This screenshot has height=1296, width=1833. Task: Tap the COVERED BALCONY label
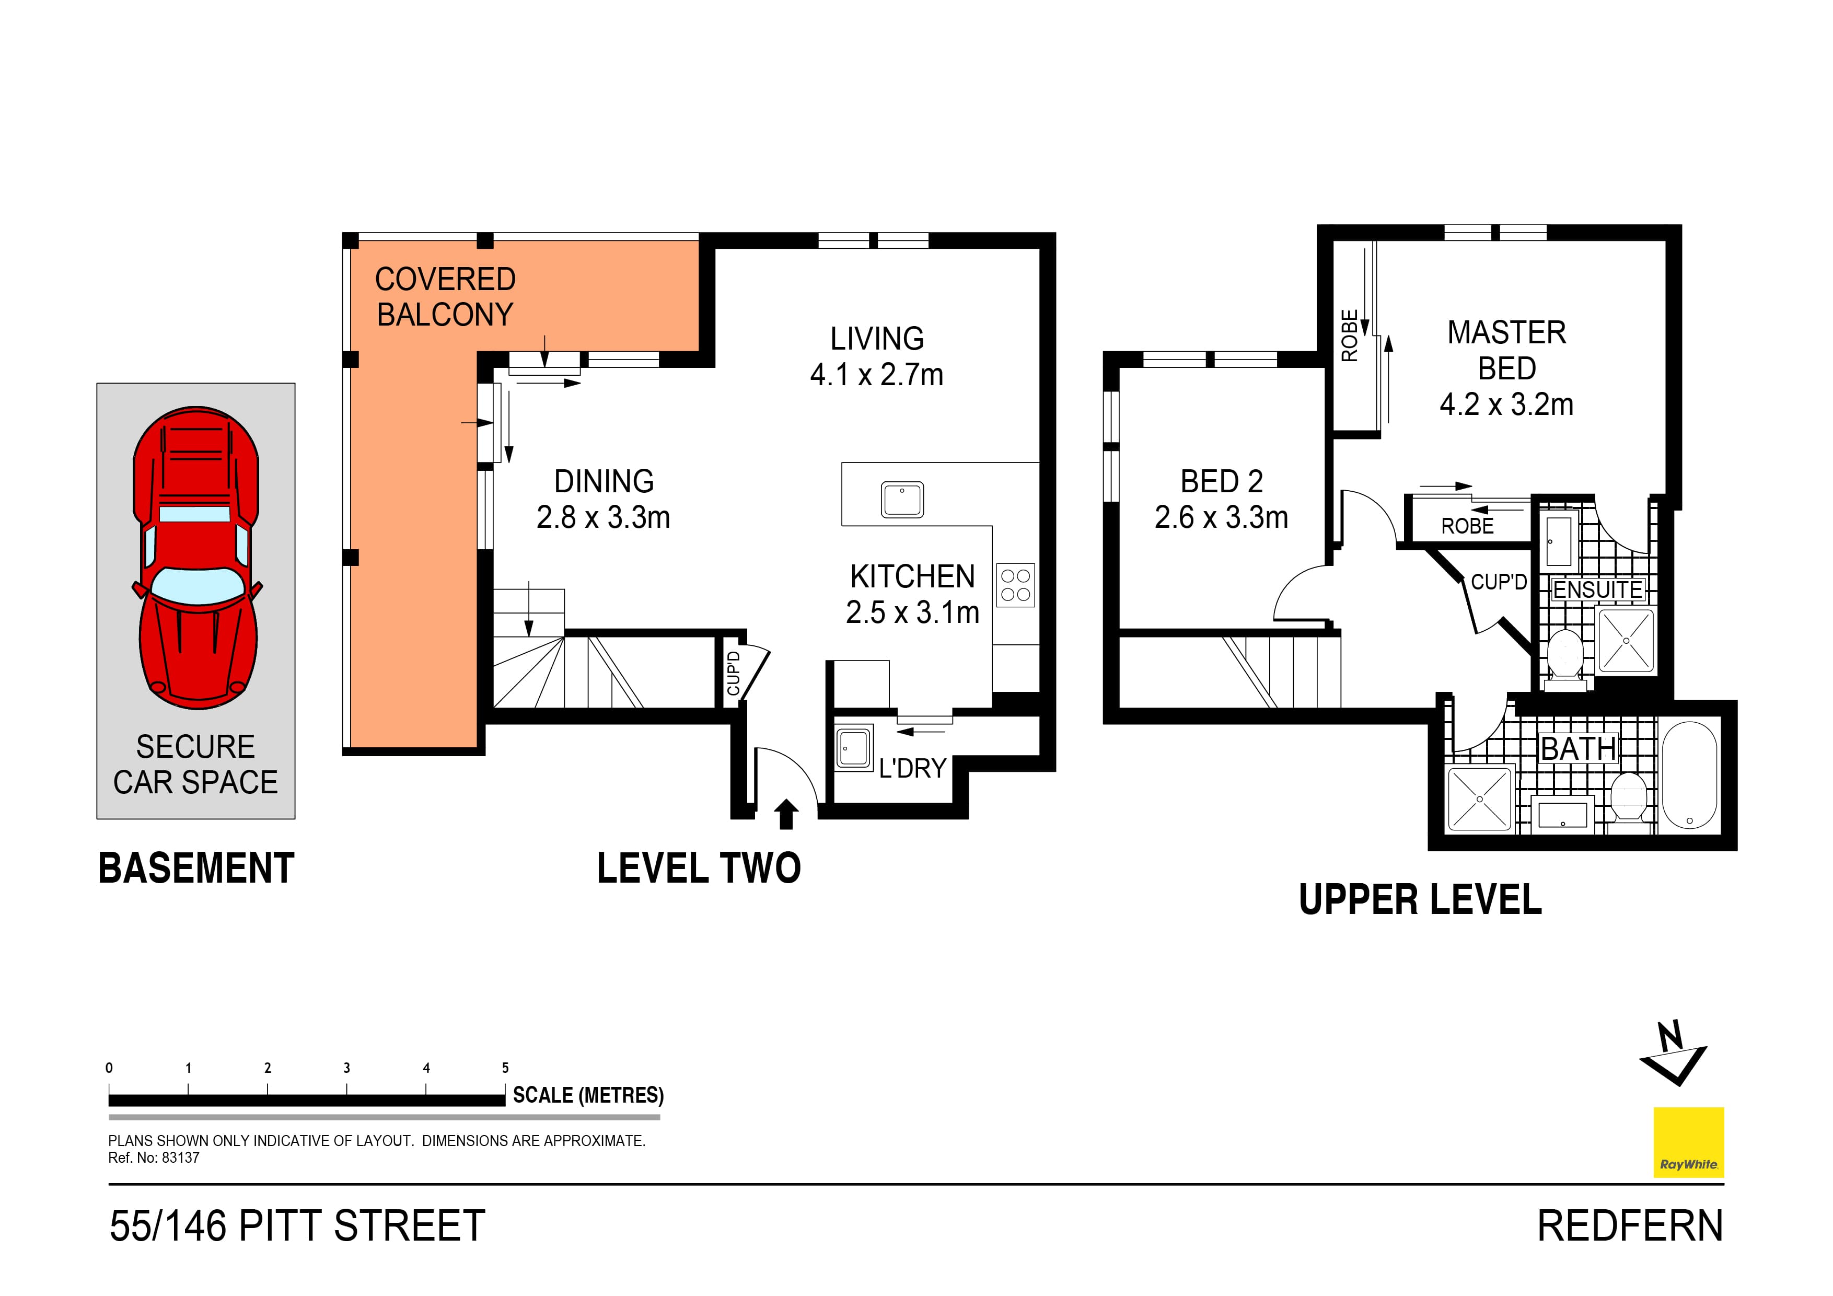445,297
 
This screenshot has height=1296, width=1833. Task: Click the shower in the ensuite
1626,640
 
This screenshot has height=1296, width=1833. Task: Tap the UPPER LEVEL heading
1420,900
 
